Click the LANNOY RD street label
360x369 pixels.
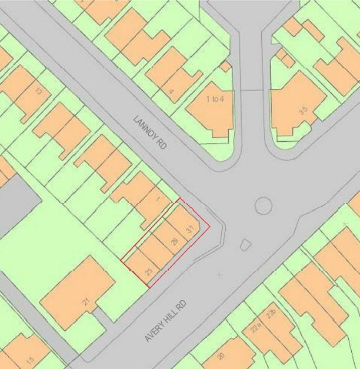[x=151, y=135]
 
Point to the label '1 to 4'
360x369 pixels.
[x=215, y=99]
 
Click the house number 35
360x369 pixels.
[x=304, y=109]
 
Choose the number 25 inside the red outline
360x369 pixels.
[x=149, y=271]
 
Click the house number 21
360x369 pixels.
[x=86, y=302]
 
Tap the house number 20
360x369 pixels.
[x=221, y=355]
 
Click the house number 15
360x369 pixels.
[x=30, y=358]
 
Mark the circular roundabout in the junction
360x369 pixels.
[x=263, y=206]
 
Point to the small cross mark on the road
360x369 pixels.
[x=219, y=274]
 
